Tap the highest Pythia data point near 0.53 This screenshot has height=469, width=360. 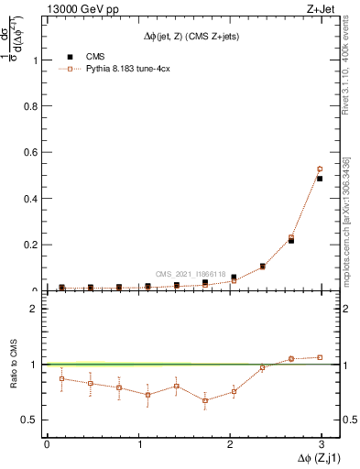pyautogui.click(x=320, y=169)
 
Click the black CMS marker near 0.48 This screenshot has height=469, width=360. pyautogui.click(x=320, y=179)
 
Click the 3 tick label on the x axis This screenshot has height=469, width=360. pyautogui.click(x=321, y=443)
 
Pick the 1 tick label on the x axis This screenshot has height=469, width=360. pyautogui.click(x=138, y=443)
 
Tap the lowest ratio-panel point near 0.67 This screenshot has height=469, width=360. pyautogui.click(x=205, y=400)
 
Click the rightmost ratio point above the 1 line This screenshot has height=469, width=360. pyautogui.click(x=320, y=357)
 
